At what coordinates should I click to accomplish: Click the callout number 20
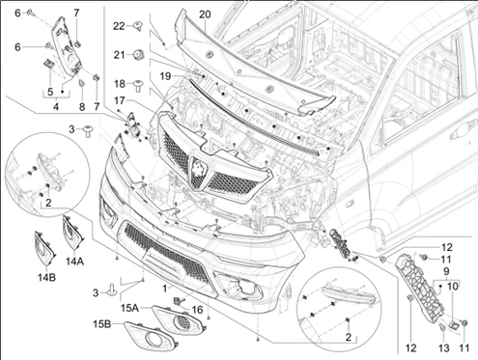pyautogui.click(x=205, y=14)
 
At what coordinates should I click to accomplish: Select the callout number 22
pyautogui.click(x=119, y=26)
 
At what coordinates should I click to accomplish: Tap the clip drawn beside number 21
pyautogui.click(x=138, y=55)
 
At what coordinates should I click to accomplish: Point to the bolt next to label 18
pyautogui.click(x=138, y=85)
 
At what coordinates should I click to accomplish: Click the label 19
pyautogui.click(x=166, y=76)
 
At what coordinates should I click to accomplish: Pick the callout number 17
pyautogui.click(x=119, y=101)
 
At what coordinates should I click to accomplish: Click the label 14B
pyautogui.click(x=46, y=277)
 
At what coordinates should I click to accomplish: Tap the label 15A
pyautogui.click(x=129, y=308)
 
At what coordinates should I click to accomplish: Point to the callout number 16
pyautogui.click(x=197, y=310)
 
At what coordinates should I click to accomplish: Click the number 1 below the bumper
pyautogui.click(x=165, y=289)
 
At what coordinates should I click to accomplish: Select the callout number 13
pyautogui.click(x=444, y=347)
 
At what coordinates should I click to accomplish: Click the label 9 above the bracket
pyautogui.click(x=446, y=271)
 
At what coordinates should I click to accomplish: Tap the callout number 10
pyautogui.click(x=452, y=286)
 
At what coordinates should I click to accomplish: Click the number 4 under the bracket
pyautogui.click(x=56, y=106)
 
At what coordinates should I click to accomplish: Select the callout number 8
pyautogui.click(x=82, y=106)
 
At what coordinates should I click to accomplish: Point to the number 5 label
pyautogui.click(x=50, y=92)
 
